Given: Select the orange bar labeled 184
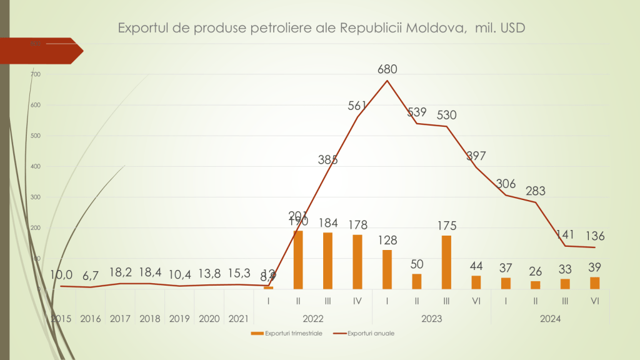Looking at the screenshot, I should tap(327, 261).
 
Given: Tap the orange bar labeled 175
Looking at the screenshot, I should tap(446, 262).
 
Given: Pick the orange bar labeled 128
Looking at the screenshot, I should tap(387, 269).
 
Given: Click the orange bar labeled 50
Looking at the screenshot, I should tap(417, 281).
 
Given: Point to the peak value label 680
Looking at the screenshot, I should tap(387, 69).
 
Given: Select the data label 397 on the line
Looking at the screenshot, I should tap(476, 156).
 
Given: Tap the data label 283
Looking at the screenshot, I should tap(536, 191).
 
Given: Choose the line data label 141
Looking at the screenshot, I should tap(566, 234).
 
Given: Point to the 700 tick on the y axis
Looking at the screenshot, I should tap(35, 75).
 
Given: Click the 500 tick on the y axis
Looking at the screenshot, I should tap(35, 136).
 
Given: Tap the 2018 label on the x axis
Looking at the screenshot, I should tap(149, 319).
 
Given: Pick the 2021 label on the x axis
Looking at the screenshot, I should tap(239, 319).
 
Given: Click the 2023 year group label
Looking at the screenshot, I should tap(431, 319).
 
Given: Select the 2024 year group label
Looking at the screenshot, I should tap(550, 319).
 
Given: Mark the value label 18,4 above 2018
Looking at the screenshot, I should tap(149, 274).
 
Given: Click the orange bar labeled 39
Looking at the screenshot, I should tap(595, 282).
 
